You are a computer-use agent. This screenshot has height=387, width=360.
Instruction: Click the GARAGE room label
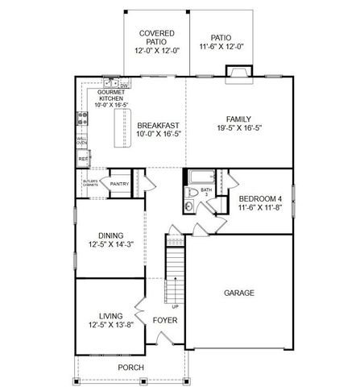[239, 293]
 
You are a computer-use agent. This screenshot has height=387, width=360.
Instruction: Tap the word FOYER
[164, 320]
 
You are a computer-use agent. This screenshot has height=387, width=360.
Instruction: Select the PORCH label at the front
[130, 367]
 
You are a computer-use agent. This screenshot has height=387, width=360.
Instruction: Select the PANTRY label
[119, 184]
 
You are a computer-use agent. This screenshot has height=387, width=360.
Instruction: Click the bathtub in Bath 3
[201, 176]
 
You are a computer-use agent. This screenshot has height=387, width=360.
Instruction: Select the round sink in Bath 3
[187, 207]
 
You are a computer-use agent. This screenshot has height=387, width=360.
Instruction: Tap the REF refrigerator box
[82, 160]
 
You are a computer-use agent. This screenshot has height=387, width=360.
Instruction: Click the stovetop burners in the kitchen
[81, 119]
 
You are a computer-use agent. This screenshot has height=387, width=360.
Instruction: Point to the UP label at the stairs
[176, 307]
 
